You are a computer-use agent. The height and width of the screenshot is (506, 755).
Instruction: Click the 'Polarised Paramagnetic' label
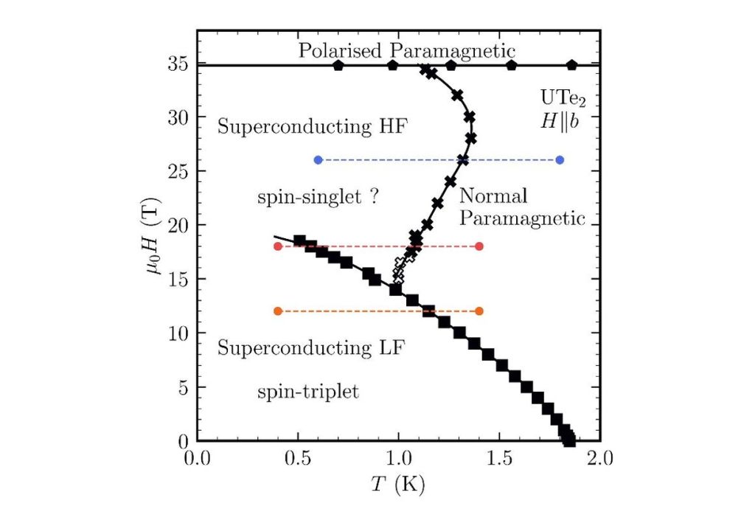click(406, 50)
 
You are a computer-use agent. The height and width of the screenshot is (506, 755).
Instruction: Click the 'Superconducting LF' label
click(311, 347)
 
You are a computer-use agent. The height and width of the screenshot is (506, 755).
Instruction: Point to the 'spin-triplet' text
click(307, 392)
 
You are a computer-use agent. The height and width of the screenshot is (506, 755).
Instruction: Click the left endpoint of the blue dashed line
click(318, 160)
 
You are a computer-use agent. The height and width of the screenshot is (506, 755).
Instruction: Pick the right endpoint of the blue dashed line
click(560, 160)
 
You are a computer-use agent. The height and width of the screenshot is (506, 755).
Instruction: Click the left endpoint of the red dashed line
click(278, 246)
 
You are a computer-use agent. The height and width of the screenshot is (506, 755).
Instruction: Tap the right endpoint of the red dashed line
click(479, 246)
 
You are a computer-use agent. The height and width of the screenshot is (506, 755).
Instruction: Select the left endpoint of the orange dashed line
click(278, 311)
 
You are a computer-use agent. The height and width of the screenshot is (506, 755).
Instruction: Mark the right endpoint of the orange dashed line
click(479, 311)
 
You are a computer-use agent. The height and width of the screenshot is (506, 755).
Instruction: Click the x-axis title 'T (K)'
click(399, 486)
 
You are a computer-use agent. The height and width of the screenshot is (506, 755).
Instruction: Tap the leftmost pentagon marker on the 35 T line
click(338, 65)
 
